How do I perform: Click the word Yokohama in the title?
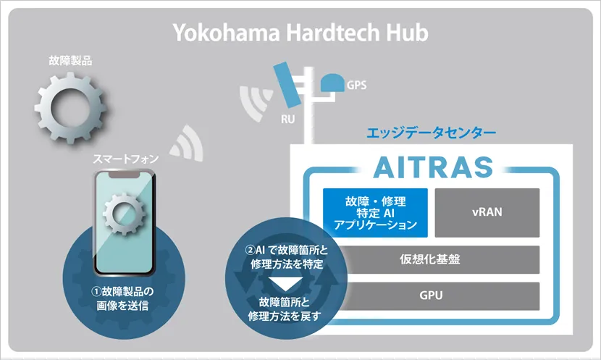coord(227,32)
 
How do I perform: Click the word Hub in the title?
coord(407,32)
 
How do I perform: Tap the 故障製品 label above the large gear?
coord(70,61)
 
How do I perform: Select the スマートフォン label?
coord(126,159)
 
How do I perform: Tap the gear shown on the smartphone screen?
coord(125,214)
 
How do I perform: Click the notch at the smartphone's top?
coord(124,175)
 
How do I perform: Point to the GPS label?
coord(356,85)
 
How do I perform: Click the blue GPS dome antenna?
coord(332,83)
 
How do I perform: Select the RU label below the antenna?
coord(288,120)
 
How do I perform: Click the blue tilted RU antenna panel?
coord(286,85)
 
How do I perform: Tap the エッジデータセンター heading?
coord(432,133)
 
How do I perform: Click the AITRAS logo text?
coord(433,167)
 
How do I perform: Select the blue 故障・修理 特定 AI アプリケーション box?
coord(375,213)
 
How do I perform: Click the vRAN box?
coord(487,213)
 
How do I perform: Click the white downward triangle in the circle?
coord(286,285)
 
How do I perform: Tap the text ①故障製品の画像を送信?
coord(122,298)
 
